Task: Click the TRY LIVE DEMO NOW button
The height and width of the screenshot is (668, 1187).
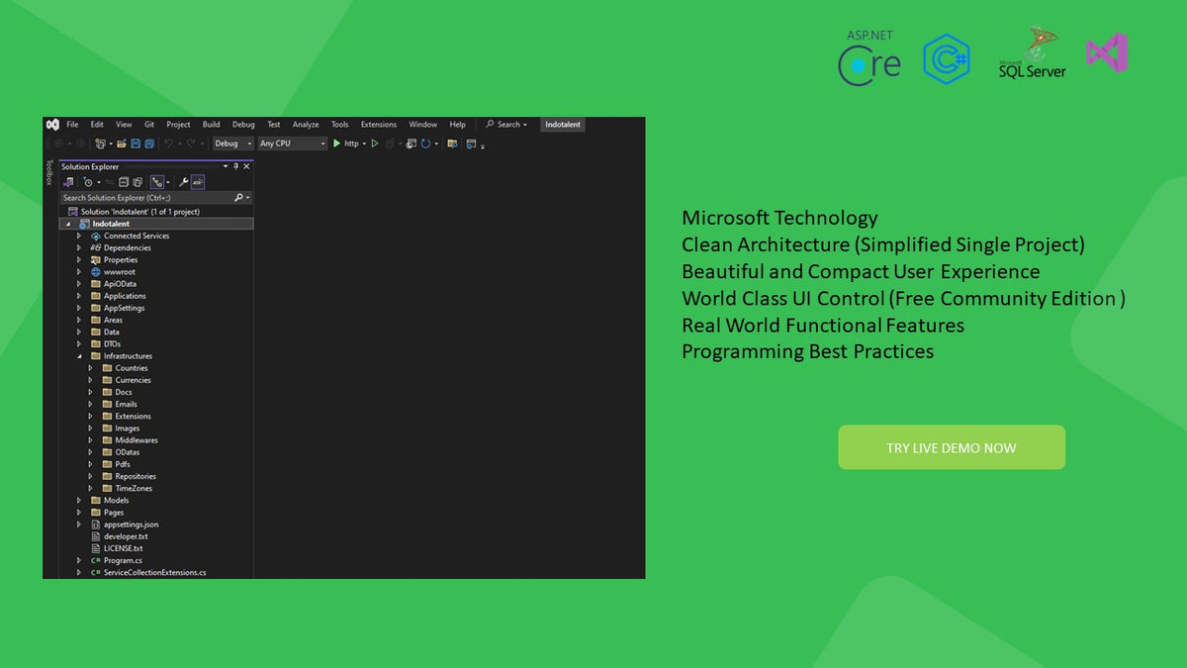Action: (x=952, y=447)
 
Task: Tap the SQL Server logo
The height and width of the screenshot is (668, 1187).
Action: (x=1033, y=52)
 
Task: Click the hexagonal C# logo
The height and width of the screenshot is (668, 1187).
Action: (x=947, y=58)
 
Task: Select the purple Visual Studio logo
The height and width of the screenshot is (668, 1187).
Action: (x=1107, y=52)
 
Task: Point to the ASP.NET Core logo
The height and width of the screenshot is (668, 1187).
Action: (x=869, y=57)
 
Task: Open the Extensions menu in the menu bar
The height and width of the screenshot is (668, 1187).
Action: (x=378, y=125)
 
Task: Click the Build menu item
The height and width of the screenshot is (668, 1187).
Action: (x=211, y=125)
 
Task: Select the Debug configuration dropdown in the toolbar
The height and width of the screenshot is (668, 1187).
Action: (x=232, y=143)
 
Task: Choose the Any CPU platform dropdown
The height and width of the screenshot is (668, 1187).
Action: (x=292, y=143)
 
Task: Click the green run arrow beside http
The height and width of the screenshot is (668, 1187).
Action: (x=336, y=143)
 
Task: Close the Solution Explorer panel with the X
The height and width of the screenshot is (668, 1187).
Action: (x=246, y=166)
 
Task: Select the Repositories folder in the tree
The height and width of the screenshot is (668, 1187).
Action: (x=136, y=476)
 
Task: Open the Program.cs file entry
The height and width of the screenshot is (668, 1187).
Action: (x=123, y=560)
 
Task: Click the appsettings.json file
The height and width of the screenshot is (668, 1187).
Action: (x=131, y=525)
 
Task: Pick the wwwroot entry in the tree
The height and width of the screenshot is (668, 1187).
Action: (x=120, y=272)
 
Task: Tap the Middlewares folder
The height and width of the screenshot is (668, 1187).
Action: (x=137, y=440)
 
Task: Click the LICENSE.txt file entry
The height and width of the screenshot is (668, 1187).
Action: (x=123, y=548)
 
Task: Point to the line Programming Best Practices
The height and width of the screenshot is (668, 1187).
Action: (x=807, y=352)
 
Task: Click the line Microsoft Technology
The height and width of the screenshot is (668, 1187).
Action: (x=779, y=218)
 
